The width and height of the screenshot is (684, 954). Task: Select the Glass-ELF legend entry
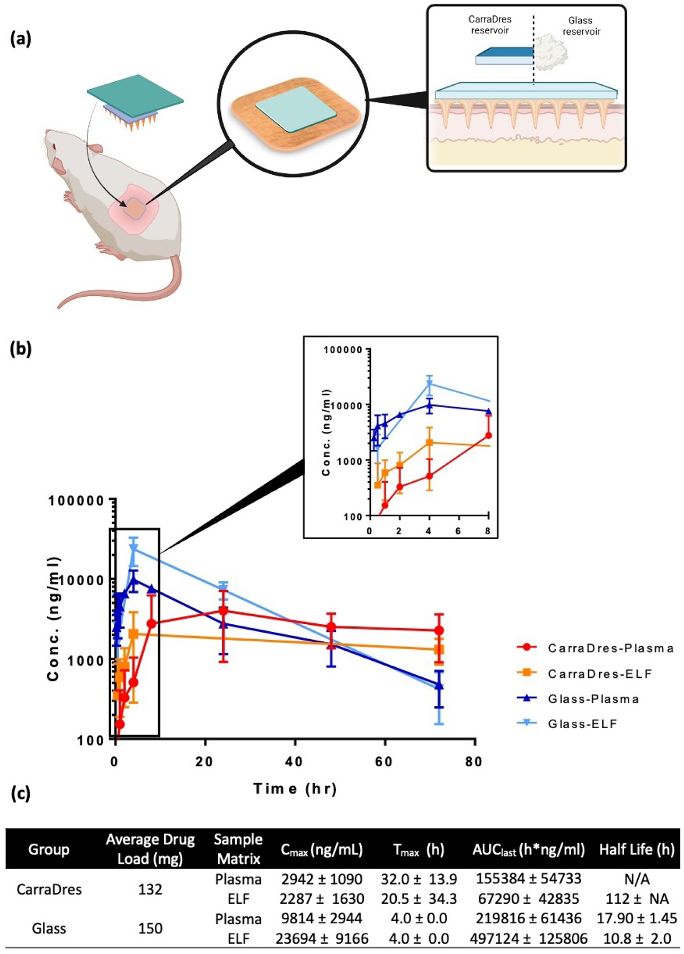[x=583, y=724]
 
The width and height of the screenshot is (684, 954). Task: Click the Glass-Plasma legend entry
[x=593, y=699]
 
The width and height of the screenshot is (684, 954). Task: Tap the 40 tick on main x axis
[x=294, y=762]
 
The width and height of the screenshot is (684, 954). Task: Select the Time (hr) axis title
[x=295, y=789]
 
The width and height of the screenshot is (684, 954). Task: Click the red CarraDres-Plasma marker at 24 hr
[x=224, y=611]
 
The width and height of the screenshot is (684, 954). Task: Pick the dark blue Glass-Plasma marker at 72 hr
[x=439, y=685]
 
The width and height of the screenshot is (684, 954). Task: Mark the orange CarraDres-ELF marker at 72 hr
[x=439, y=649]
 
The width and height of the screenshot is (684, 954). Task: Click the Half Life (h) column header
[x=636, y=850]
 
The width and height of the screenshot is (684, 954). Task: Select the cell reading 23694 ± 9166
[x=322, y=939]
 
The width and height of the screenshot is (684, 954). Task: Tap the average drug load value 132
[x=150, y=889]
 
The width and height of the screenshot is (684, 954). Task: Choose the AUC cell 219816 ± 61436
[x=528, y=918]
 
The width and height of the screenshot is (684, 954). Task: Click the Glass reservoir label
[x=581, y=26]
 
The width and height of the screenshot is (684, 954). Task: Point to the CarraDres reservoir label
[x=490, y=25]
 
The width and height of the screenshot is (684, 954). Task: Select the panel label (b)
[x=21, y=349]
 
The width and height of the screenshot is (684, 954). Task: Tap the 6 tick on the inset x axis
[x=458, y=531]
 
